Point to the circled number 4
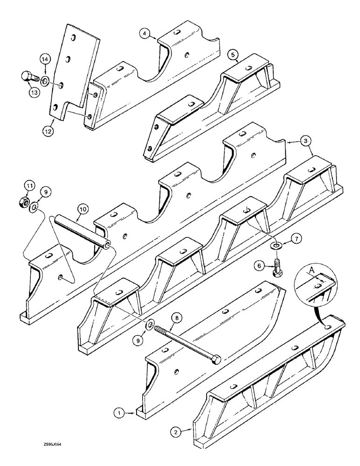tap(145, 33)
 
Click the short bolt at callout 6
tap(277, 269)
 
